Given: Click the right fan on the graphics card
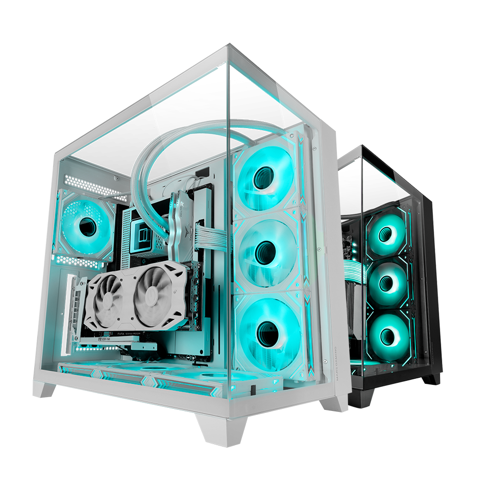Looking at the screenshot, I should (156, 293).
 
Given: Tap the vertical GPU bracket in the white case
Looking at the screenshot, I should (76, 311).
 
